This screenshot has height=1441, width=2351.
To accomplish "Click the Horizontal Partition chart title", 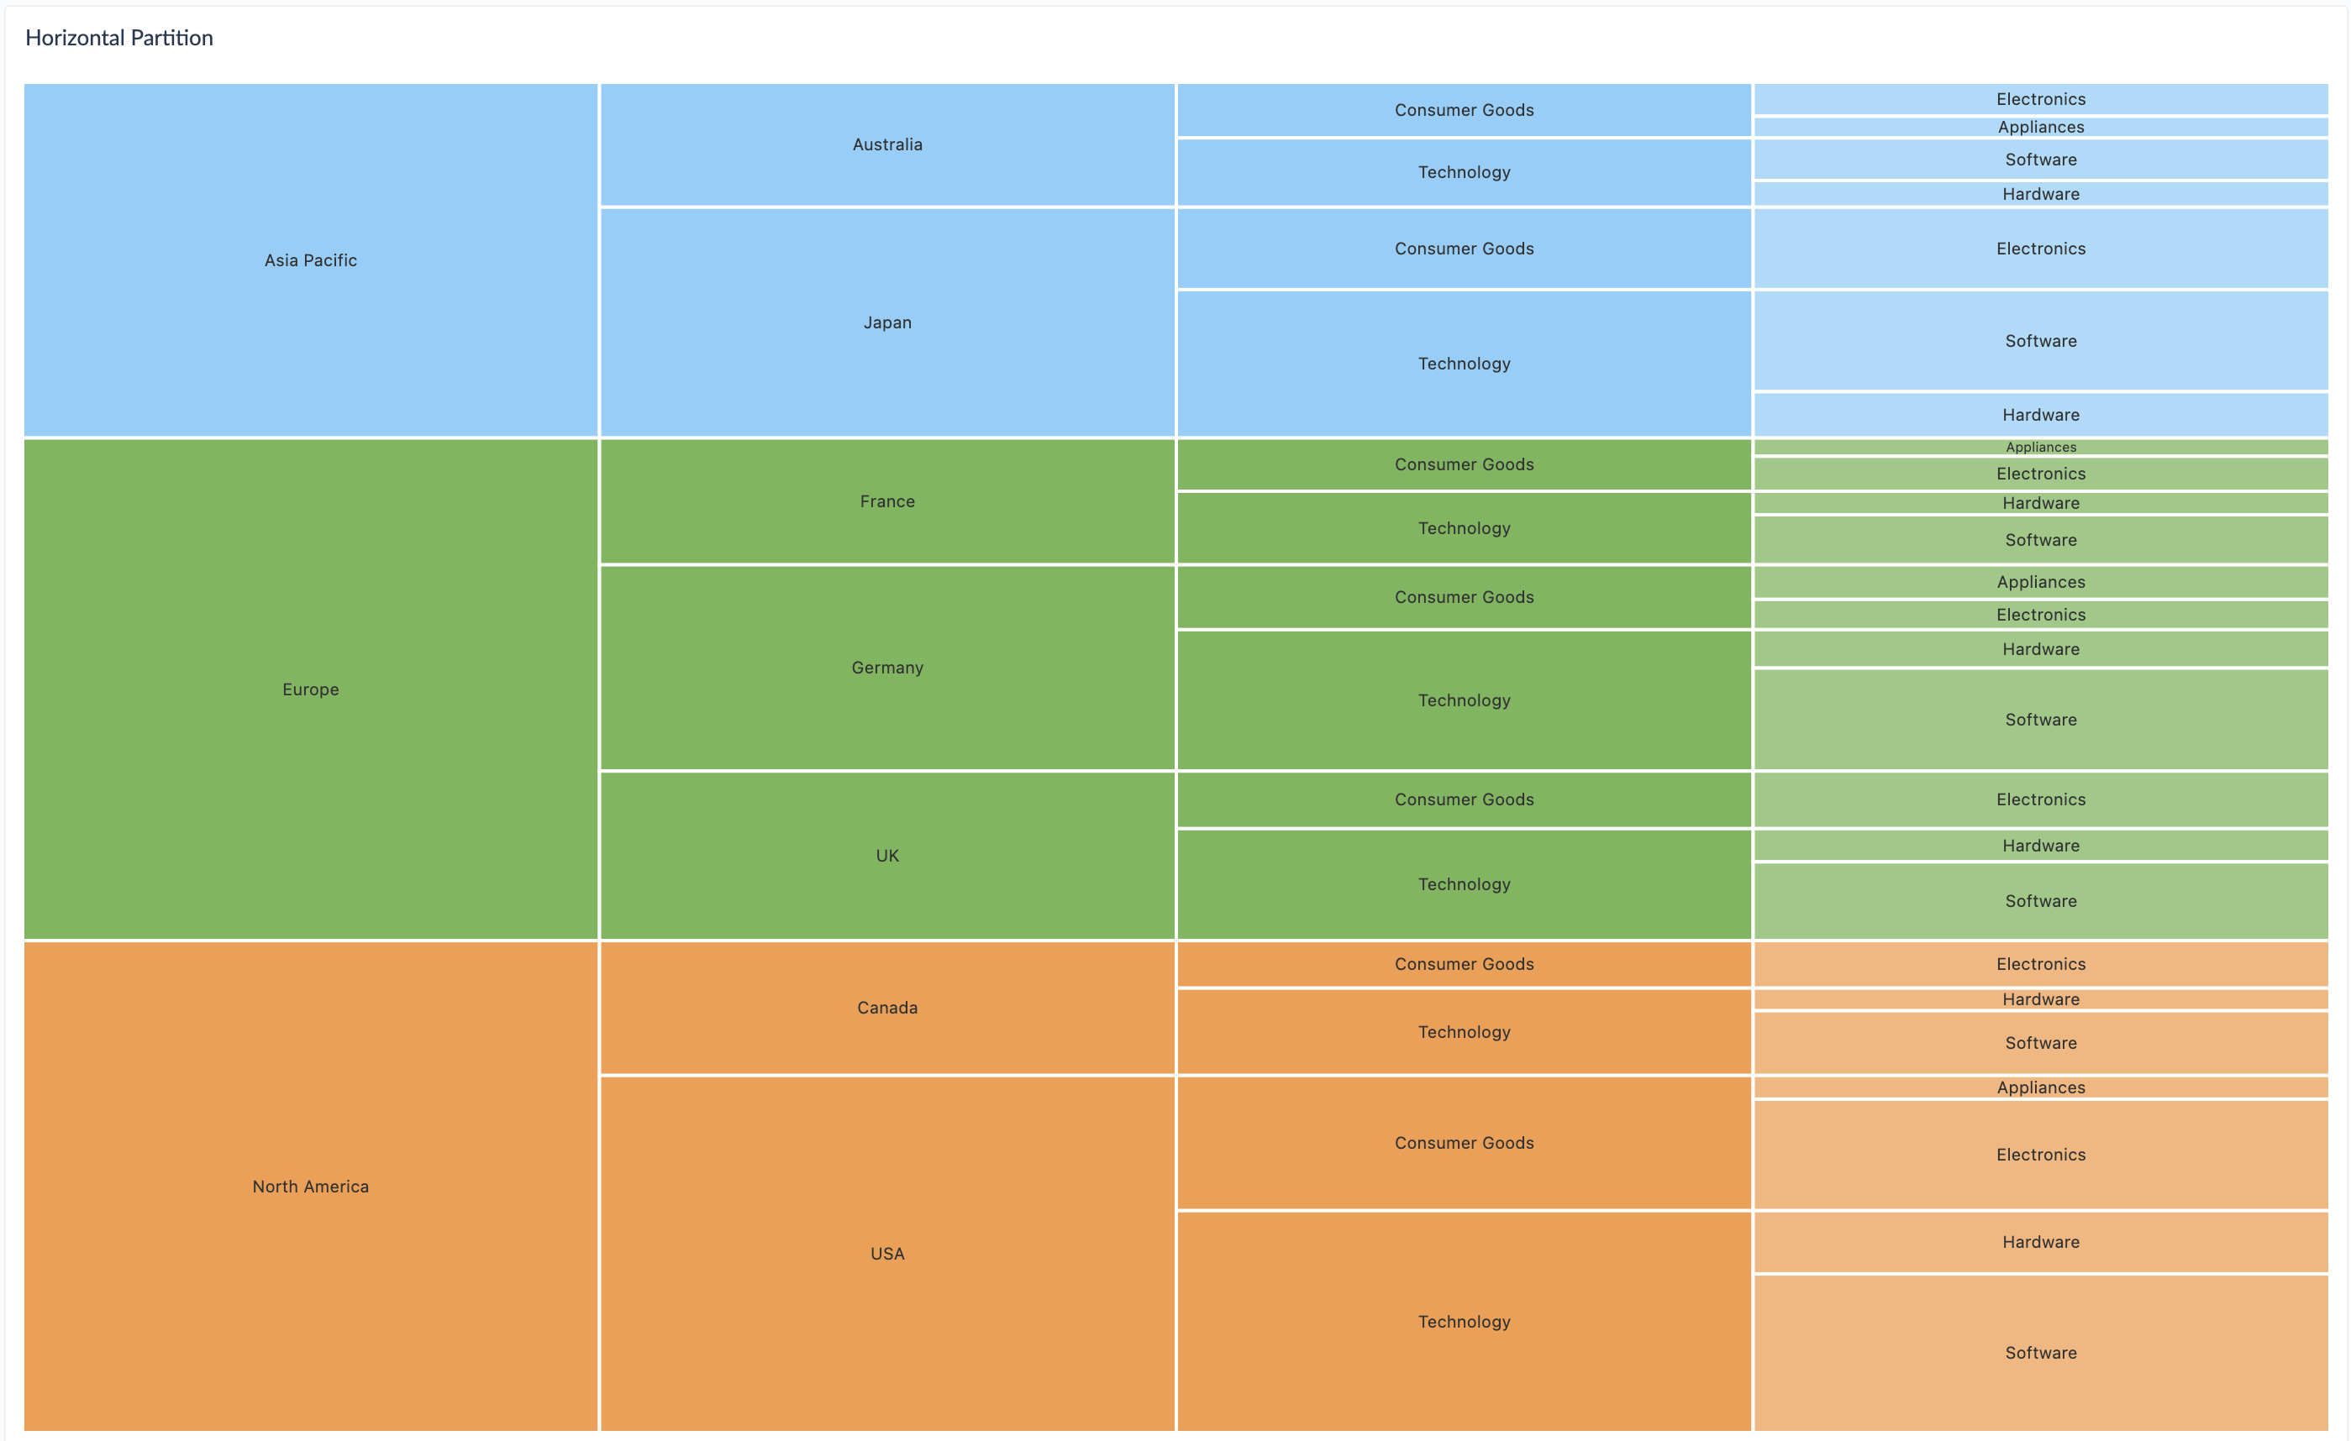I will click(119, 38).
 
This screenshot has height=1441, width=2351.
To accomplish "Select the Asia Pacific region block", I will click(310, 260).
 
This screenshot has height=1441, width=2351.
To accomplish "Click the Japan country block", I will click(886, 322).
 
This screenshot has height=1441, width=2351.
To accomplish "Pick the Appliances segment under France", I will click(2040, 448).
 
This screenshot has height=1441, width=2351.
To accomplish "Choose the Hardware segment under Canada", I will click(2040, 999).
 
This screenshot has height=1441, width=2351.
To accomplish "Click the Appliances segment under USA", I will click(2040, 1087).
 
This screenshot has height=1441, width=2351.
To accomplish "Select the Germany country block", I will click(886, 668).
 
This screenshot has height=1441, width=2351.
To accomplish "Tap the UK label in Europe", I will click(886, 856).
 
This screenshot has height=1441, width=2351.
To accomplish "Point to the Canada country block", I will click(886, 1007).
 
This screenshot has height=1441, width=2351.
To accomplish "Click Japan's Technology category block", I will click(1464, 364).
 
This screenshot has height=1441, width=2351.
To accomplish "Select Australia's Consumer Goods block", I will click(1464, 110).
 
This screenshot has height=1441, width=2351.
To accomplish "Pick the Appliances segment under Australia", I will click(2040, 127).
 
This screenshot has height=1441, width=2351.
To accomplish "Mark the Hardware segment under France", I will click(2040, 502).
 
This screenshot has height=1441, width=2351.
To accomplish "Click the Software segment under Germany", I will click(2040, 719).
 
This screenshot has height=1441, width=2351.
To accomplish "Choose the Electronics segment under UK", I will click(2040, 799).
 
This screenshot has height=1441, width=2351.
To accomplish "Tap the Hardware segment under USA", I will click(2040, 1242).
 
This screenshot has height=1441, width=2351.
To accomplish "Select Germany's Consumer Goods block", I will click(1464, 597).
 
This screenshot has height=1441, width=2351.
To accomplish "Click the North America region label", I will click(310, 1187).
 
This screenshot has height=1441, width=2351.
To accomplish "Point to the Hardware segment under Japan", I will click(2040, 415).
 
